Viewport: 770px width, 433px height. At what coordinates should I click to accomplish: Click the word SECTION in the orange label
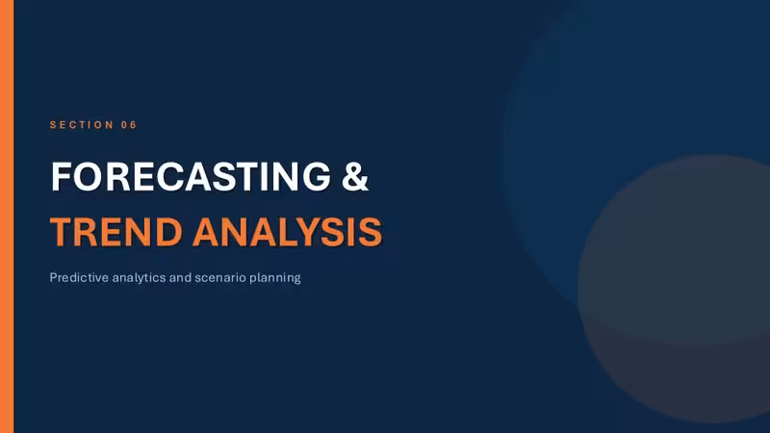pos(82,125)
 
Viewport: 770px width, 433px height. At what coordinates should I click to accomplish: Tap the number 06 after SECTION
pos(129,125)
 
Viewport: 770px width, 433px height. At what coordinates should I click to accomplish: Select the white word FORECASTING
pos(191,176)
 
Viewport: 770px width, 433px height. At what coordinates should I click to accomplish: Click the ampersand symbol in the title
pos(354,176)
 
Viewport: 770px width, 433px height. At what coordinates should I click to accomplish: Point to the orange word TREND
pos(115,232)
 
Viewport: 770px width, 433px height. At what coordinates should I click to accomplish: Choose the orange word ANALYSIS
pos(287,232)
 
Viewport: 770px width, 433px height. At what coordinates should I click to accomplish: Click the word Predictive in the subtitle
pos(79,277)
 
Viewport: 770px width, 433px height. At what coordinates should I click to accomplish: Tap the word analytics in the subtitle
pos(139,278)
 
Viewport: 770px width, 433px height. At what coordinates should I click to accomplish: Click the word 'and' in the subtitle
pos(180,277)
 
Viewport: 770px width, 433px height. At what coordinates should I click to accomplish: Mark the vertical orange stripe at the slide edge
pos(7,216)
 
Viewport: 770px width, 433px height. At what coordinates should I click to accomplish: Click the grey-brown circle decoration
pos(682,290)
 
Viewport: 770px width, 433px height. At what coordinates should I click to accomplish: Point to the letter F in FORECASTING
pos(62,176)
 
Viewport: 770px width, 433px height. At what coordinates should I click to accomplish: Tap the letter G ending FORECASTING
pos(317,176)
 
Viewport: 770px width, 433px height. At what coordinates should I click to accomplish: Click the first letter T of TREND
pos(63,232)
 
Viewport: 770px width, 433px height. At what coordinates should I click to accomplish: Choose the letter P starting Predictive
pos(53,277)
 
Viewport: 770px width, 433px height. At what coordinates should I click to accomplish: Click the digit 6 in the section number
pos(133,125)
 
